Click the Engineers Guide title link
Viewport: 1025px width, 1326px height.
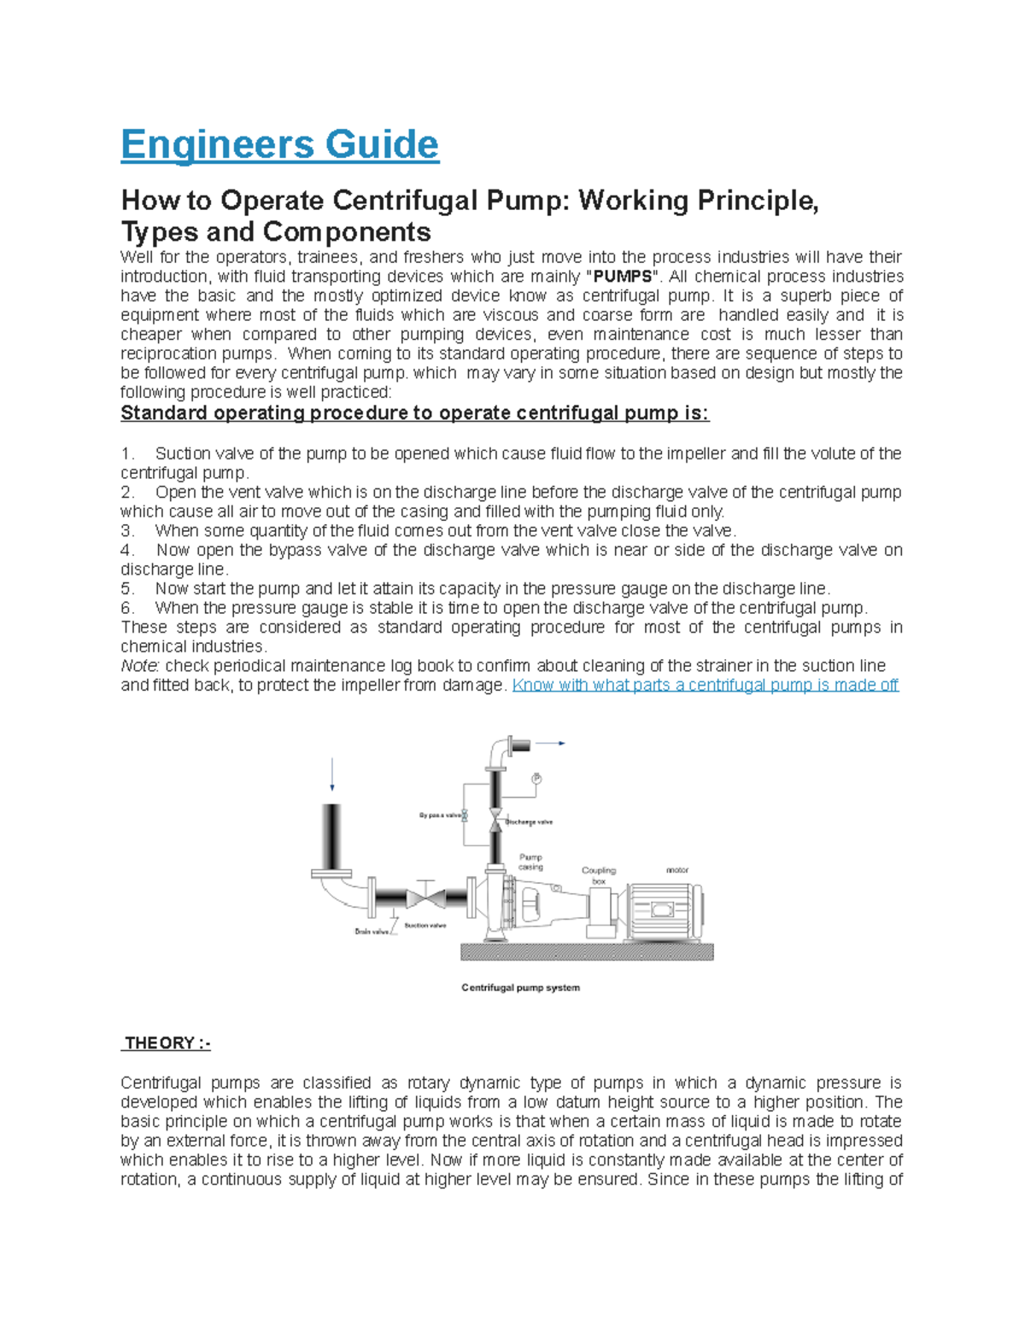(279, 144)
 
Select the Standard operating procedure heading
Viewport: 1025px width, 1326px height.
(414, 413)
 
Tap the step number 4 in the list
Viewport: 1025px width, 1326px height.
(127, 551)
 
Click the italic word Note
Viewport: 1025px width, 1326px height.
(140, 666)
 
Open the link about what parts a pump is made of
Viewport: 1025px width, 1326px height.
(705, 686)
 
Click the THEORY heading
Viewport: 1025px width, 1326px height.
(166, 1043)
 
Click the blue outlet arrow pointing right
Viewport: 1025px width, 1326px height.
(552, 744)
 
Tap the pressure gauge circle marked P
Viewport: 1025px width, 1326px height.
(536, 779)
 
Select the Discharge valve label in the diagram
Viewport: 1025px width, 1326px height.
(530, 822)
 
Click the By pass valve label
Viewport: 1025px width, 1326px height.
(440, 815)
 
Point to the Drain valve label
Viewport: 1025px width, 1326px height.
(372, 932)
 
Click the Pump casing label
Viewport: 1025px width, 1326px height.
(530, 862)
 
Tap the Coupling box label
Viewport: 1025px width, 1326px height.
(598, 875)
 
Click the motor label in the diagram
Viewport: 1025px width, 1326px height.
(677, 870)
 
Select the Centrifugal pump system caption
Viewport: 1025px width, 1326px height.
(520, 988)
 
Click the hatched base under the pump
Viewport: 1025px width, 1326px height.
(587, 952)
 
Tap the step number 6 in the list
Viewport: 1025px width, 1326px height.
(127, 609)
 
